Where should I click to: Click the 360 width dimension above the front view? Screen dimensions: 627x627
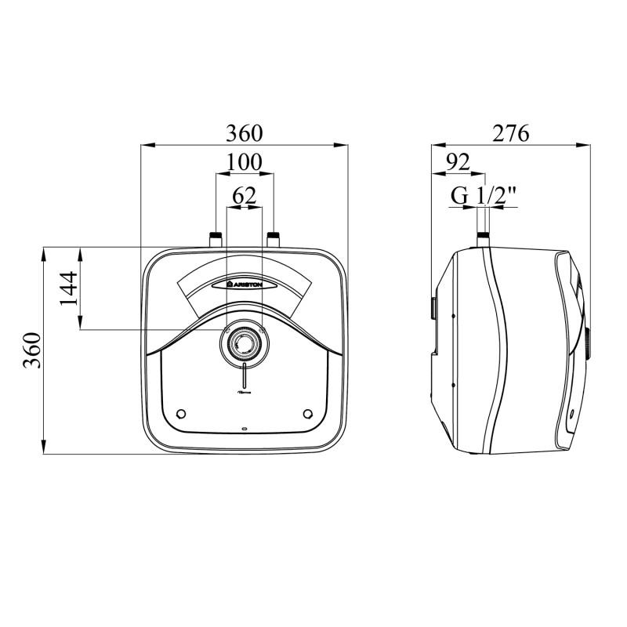pyautogui.click(x=244, y=132)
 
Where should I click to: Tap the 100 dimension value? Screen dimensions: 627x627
pyautogui.click(x=244, y=162)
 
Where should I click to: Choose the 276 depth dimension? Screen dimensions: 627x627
pyautogui.click(x=511, y=132)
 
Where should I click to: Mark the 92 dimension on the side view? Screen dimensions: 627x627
pyautogui.click(x=458, y=162)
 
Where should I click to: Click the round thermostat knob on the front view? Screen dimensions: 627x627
pyautogui.click(x=244, y=342)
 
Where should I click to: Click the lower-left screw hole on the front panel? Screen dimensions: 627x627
pyautogui.click(x=182, y=413)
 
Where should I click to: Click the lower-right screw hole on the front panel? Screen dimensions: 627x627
pyautogui.click(x=306, y=413)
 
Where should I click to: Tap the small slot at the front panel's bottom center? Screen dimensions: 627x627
pyautogui.click(x=245, y=429)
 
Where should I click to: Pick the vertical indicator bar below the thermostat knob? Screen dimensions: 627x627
pyautogui.click(x=245, y=377)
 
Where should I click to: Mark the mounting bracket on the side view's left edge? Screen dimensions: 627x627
pyautogui.click(x=433, y=307)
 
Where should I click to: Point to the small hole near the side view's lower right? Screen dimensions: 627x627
pyautogui.click(x=572, y=412)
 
